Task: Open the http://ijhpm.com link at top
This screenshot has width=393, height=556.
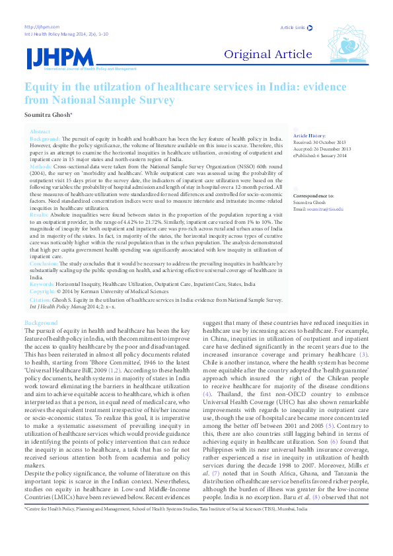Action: [x=37, y=26]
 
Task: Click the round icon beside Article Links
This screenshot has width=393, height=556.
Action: [x=310, y=28]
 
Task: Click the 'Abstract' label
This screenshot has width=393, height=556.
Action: [x=40, y=132]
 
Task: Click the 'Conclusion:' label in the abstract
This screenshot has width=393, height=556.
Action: [x=45, y=263]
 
